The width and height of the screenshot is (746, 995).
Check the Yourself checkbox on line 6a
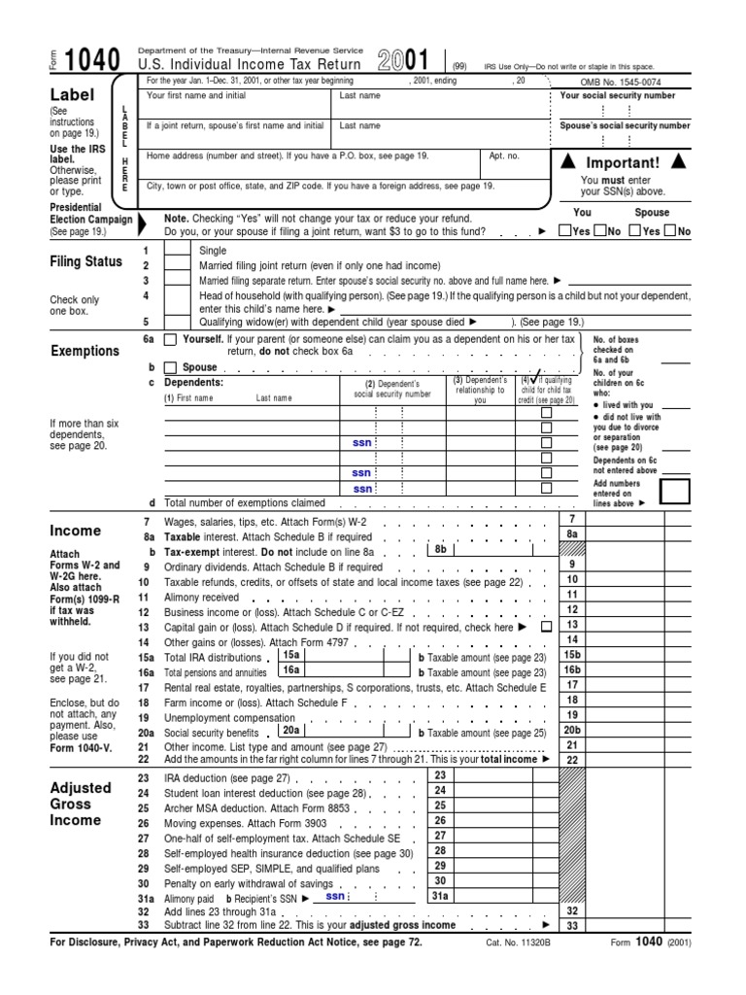pyautogui.click(x=171, y=339)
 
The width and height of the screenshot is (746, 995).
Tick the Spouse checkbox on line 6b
pyautogui.click(x=171, y=368)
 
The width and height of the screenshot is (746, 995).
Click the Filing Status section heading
pyautogui.click(x=86, y=261)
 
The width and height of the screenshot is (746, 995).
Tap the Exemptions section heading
pyautogui.click(x=85, y=351)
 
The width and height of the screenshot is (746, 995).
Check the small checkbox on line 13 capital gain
pyautogui.click(x=545, y=628)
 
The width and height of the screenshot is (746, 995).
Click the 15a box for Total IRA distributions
pyautogui.click(x=290, y=656)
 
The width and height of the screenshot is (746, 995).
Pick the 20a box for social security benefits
pyautogui.click(x=290, y=731)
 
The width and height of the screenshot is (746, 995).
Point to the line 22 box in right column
pyautogui.click(x=572, y=760)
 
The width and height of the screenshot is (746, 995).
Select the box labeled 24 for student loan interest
pyautogui.click(x=439, y=791)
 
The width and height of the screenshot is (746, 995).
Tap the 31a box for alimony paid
pyautogui.click(x=439, y=896)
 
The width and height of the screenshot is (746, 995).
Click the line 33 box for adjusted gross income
pyautogui.click(x=572, y=926)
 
